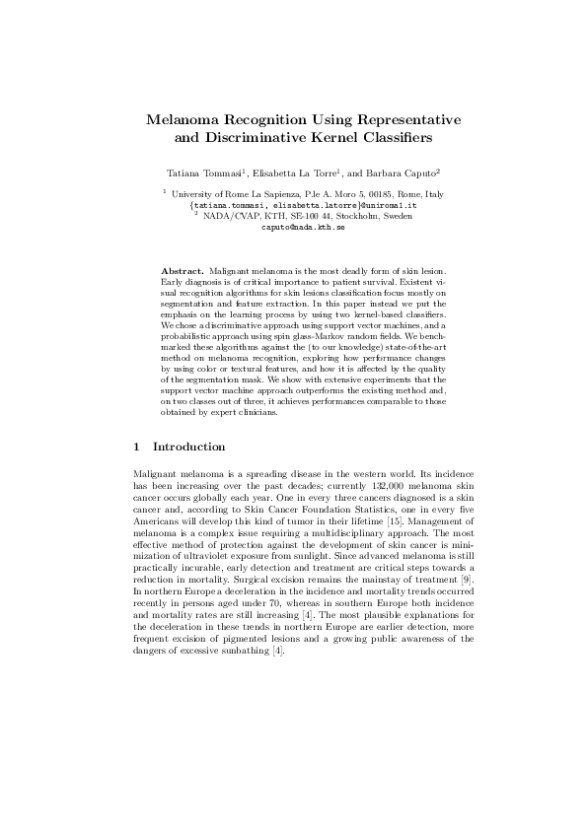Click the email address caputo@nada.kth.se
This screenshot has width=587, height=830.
point(303,227)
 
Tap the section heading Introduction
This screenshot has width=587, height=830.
point(190,448)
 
